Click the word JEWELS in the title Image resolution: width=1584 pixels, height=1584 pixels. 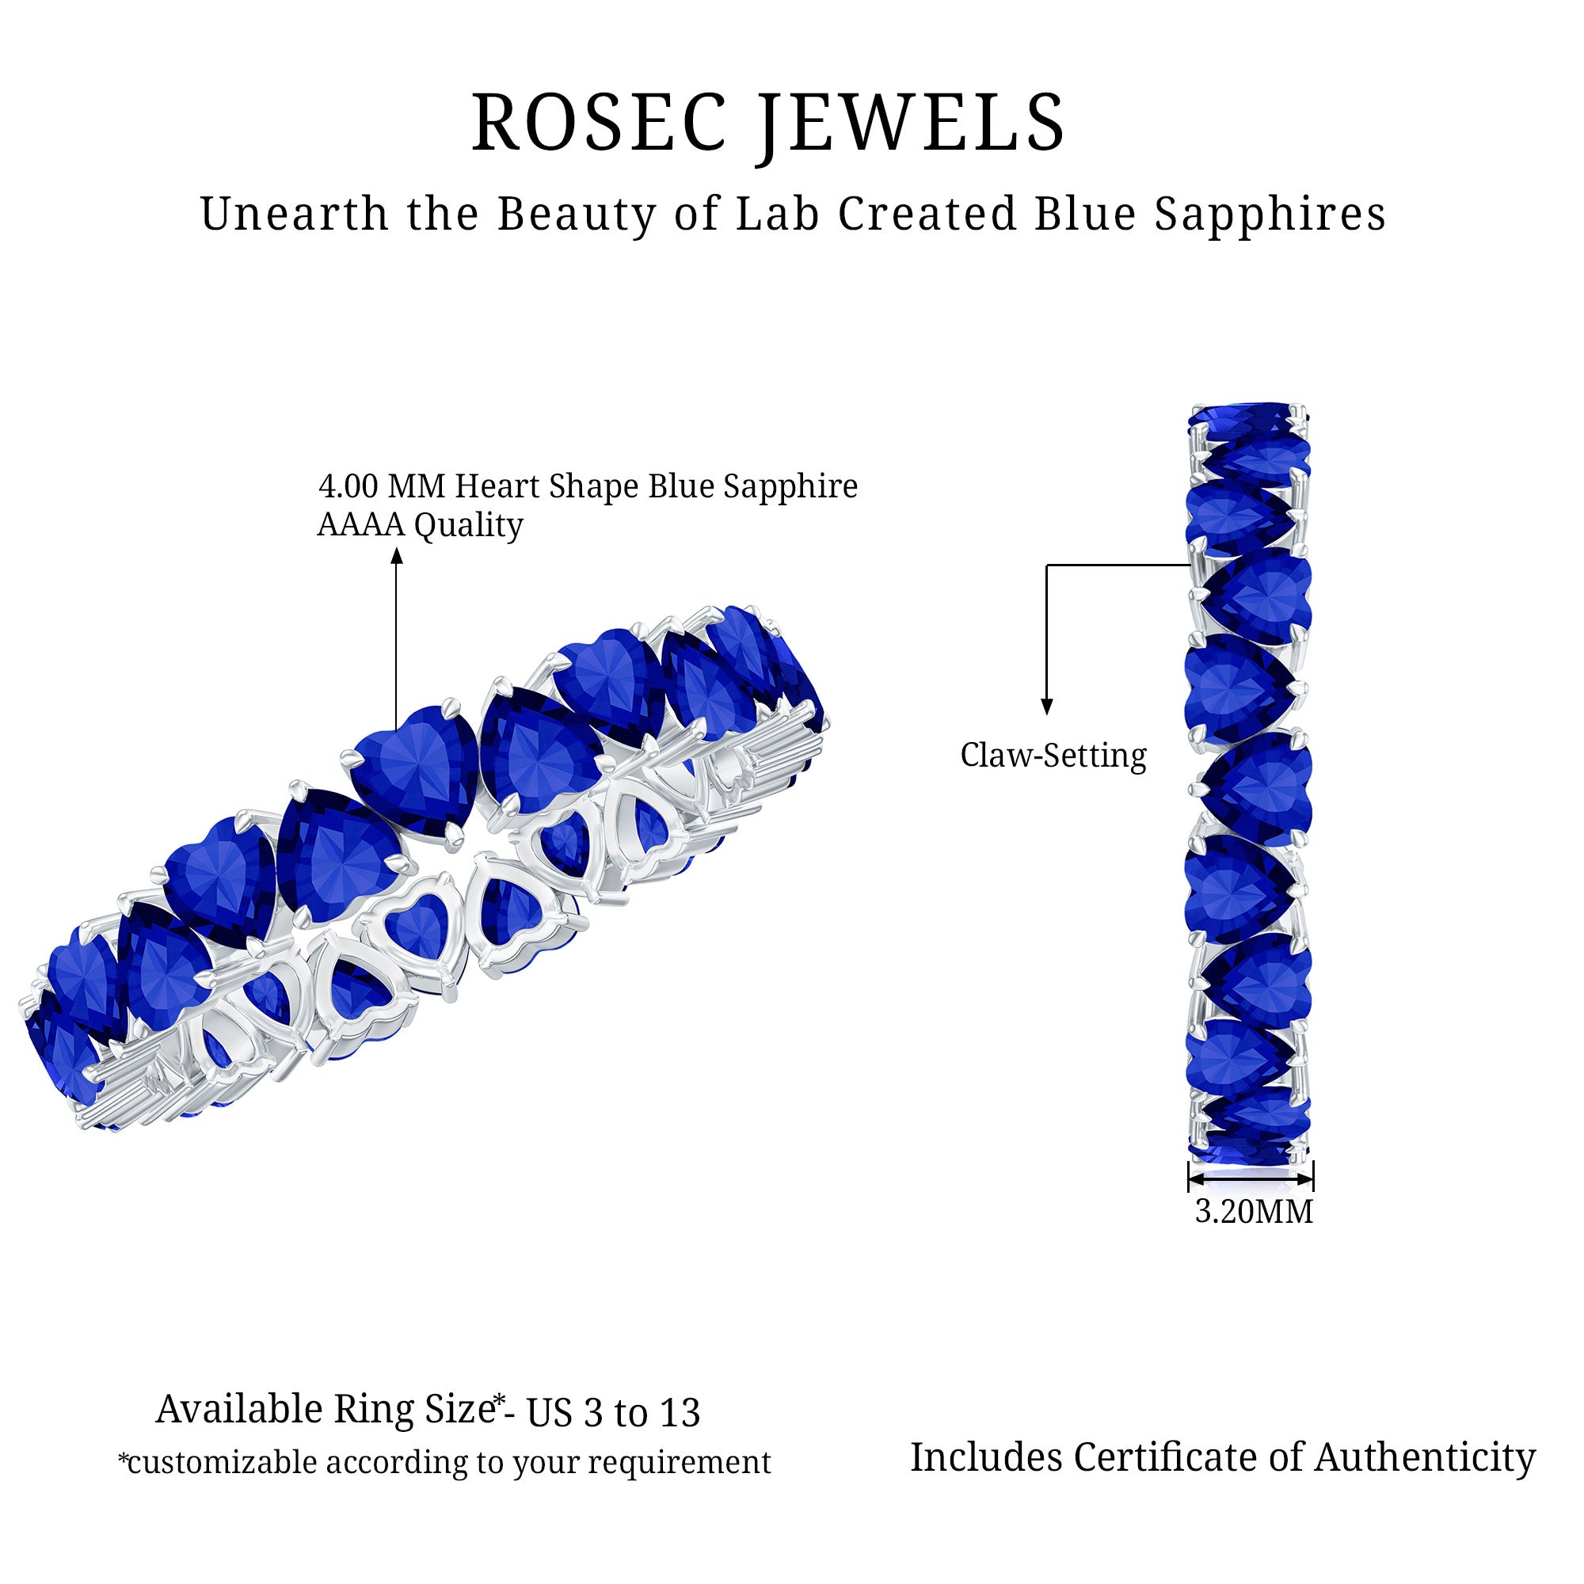(911, 123)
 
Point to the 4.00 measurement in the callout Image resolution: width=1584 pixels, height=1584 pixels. (348, 486)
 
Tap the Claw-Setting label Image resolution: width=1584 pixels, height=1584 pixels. (1053, 755)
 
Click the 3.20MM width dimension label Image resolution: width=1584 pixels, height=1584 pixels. (1254, 1211)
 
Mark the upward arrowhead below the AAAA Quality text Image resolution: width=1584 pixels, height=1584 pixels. (397, 557)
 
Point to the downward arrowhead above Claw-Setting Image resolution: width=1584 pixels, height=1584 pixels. (1046, 706)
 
